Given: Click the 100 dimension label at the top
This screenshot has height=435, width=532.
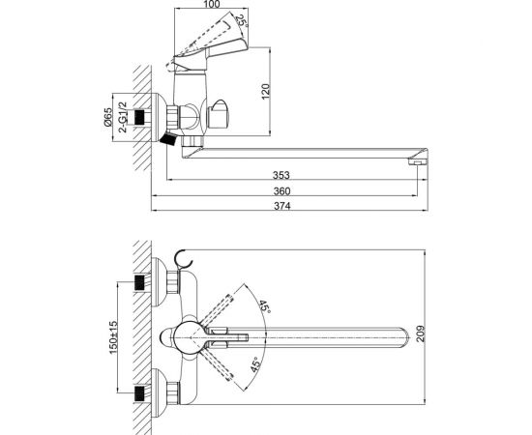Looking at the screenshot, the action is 212,4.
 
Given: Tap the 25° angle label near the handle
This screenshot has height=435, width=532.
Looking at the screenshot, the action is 242,21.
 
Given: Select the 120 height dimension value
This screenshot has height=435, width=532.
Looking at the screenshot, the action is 266,91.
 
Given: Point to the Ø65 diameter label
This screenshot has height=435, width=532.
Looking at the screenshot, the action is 107,117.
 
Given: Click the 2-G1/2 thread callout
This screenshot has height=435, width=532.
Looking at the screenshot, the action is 123,117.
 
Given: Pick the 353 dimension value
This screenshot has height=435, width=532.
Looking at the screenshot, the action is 281,175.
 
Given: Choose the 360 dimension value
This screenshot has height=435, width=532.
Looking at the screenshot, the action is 281,191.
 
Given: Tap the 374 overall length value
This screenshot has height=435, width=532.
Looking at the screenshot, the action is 282,206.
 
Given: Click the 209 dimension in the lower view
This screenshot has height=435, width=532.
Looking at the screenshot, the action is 420,333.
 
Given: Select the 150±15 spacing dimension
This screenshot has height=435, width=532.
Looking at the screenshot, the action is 113,337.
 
